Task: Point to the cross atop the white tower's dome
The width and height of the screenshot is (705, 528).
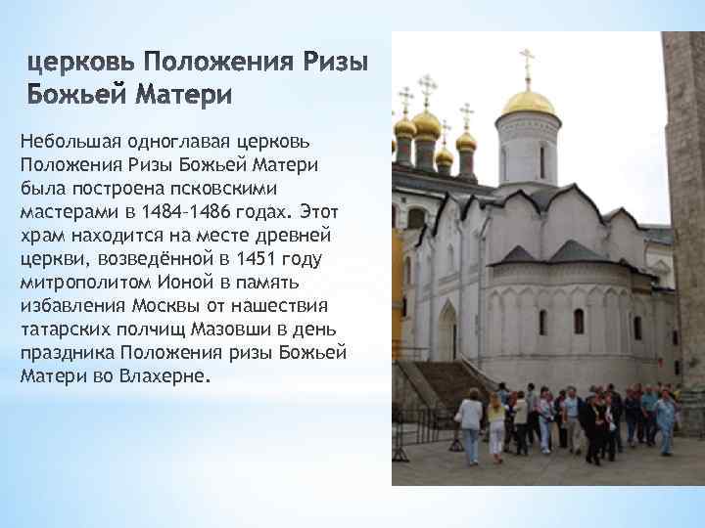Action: pyautogui.click(x=528, y=65)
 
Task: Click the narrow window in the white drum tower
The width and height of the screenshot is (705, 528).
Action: pyautogui.click(x=540, y=160)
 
